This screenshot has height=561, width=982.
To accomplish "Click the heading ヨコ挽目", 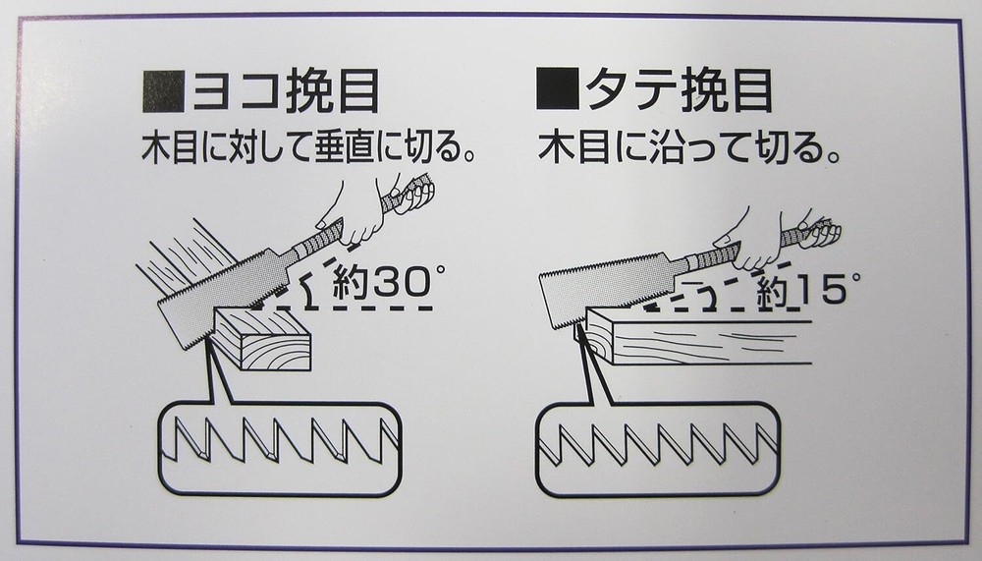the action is point(286,92).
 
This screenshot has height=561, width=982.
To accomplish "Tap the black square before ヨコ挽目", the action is point(163,91).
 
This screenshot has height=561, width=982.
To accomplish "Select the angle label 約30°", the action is point(388,281).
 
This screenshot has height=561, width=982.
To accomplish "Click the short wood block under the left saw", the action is point(263,339).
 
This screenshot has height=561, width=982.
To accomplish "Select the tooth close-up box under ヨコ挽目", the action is point(280,449).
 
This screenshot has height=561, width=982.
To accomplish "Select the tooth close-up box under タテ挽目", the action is point(658,449).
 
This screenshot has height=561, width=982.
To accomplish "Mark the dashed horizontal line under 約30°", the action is point(343,308).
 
